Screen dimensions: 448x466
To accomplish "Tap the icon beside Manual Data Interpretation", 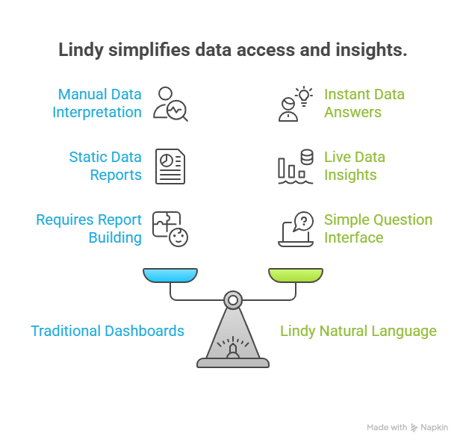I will pyautogui.click(x=170, y=104).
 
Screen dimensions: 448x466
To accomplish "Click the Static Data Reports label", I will pyautogui.click(x=105, y=166).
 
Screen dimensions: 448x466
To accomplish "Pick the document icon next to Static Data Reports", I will pyautogui.click(x=170, y=166).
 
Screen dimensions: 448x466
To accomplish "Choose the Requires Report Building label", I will pyautogui.click(x=89, y=228).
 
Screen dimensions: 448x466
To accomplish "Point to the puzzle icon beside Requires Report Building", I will pyautogui.click(x=170, y=228).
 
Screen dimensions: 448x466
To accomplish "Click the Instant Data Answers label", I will pyautogui.click(x=364, y=104).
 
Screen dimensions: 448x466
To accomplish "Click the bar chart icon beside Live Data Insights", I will pyautogui.click(x=295, y=166).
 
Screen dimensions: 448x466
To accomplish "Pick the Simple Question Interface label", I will pyautogui.click(x=378, y=228).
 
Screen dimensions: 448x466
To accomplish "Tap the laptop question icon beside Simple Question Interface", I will pyautogui.click(x=295, y=228).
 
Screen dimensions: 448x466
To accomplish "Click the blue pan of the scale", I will pyautogui.click(x=170, y=276).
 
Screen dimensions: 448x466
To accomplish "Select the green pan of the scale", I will pyautogui.click(x=296, y=276).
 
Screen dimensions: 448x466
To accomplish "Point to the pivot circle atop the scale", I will pyautogui.click(x=233, y=300).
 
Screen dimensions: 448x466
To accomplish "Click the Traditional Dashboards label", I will pyautogui.click(x=108, y=331).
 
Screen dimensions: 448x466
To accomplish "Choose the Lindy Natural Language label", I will pyautogui.click(x=358, y=331).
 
